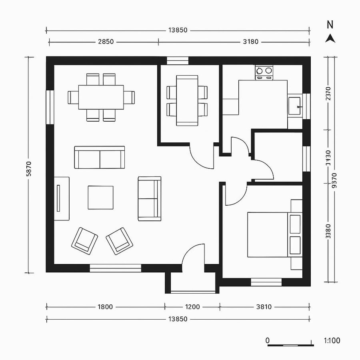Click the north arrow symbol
point(330,38)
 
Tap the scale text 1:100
point(332,340)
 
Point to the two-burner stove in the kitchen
point(264,72)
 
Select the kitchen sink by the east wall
point(295,106)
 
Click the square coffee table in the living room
point(100,197)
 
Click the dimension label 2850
point(106,41)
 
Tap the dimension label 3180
point(250,41)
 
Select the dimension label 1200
point(192,307)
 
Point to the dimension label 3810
point(263,307)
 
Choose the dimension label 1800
point(105,307)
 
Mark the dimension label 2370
point(328,96)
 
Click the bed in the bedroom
point(268,234)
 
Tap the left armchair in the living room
point(84,240)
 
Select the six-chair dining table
point(101,97)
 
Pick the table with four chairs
point(187,100)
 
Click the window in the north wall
point(177,61)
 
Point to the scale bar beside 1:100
point(290,344)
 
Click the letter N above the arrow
point(330,25)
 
